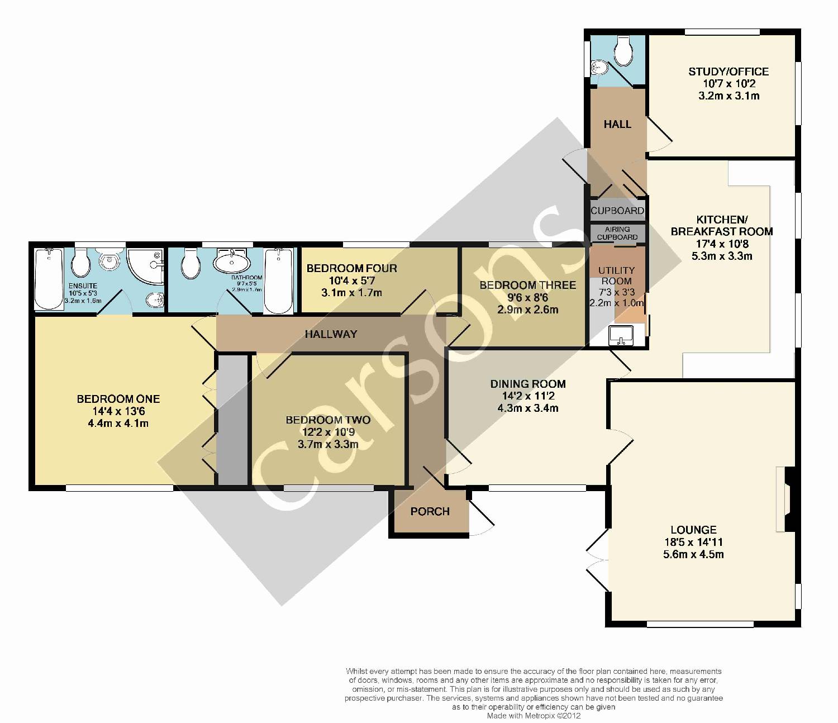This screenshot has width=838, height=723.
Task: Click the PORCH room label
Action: (x=430, y=511)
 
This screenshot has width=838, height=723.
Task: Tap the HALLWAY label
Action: (x=331, y=334)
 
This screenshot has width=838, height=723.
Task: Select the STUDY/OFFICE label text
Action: (x=729, y=72)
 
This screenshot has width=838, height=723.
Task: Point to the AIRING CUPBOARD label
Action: (x=617, y=233)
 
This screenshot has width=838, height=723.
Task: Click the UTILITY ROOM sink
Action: (x=621, y=335)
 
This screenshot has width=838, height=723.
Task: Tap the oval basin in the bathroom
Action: (x=232, y=261)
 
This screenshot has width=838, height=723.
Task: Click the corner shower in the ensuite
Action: (x=146, y=267)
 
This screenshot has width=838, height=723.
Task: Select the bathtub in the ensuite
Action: (x=49, y=279)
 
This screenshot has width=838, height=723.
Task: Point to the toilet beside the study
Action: (x=623, y=51)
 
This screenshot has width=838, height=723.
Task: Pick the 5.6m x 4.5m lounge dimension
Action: (x=693, y=554)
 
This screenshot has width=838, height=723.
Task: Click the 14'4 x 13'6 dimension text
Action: (x=118, y=411)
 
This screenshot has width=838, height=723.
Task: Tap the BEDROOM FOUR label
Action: (x=351, y=268)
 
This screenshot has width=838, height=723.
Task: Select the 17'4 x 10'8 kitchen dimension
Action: (x=722, y=244)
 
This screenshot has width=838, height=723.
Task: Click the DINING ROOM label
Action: (x=528, y=384)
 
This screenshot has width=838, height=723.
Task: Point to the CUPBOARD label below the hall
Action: (x=617, y=211)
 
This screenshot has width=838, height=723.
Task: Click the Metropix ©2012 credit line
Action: (x=534, y=716)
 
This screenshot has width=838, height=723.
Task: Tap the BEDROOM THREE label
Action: (x=527, y=285)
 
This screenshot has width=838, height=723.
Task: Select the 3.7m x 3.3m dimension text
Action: (x=328, y=444)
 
